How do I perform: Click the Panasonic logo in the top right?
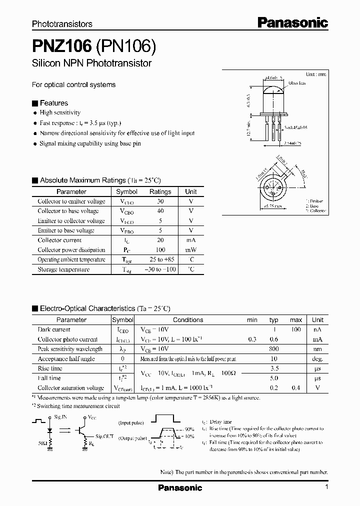pyautogui.click(x=292, y=22)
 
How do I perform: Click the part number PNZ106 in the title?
pyautogui.click(x=61, y=47)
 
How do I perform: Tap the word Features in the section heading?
pyautogui.click(x=53, y=103)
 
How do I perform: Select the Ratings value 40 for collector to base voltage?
pyautogui.click(x=160, y=211)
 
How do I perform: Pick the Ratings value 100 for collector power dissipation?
pyautogui.click(x=160, y=250)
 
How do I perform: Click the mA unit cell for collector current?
pyautogui.click(x=190, y=240)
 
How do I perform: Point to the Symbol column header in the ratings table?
pyautogui.click(x=126, y=191)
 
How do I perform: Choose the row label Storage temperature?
pyautogui.click(x=63, y=269)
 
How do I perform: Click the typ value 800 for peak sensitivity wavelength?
pyautogui.click(x=273, y=349)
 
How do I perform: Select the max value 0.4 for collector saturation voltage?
pyautogui.click(x=296, y=388)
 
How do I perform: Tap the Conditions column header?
pyautogui.click(x=188, y=320)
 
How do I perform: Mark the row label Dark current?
pyautogui.click(x=54, y=329)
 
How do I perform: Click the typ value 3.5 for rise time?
pyautogui.click(x=273, y=368)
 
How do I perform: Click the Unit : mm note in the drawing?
pyautogui.click(x=315, y=74)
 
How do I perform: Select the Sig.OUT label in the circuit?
pyautogui.click(x=104, y=436)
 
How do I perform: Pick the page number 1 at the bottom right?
pyautogui.click(x=326, y=487)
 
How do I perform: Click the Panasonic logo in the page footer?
pyautogui.click(x=180, y=487)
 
